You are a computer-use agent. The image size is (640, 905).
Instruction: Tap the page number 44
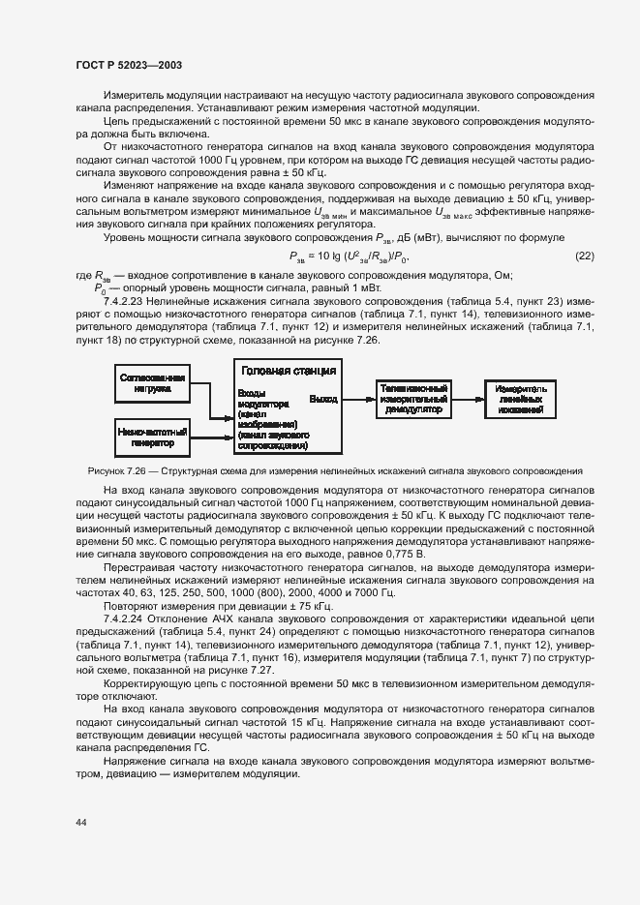pyautogui.click(x=80, y=822)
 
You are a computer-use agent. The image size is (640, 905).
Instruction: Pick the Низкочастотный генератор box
pyautogui.click(x=152, y=437)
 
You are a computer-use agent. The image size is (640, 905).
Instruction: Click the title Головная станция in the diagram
pyautogui.click(x=288, y=370)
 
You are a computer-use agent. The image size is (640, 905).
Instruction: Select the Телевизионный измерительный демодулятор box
pyautogui.click(x=413, y=398)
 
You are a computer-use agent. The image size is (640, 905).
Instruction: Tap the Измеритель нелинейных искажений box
pyautogui.click(x=521, y=398)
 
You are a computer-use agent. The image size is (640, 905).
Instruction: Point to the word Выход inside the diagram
pyautogui.click(x=322, y=398)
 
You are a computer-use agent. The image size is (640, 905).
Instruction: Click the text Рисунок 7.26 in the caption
pyautogui.click(x=113, y=470)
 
